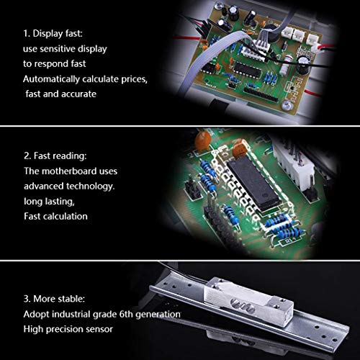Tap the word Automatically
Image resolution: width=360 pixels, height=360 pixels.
point(51,79)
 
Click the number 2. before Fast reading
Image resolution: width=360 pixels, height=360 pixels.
point(27,156)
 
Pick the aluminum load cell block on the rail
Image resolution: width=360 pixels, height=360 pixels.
point(248,301)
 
